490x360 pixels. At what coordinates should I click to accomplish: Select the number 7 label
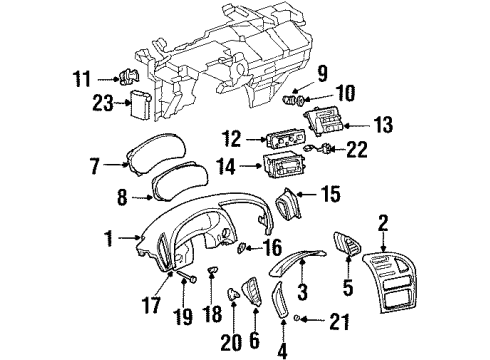coord(95,161)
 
